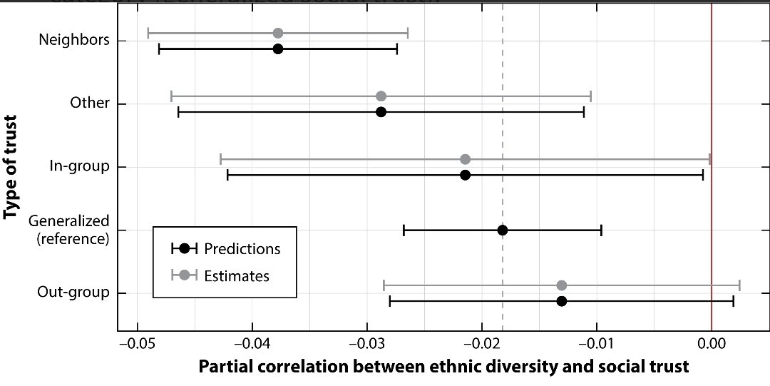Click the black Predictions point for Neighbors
click(278, 49)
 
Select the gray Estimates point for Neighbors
click(278, 34)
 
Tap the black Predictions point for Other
click(381, 112)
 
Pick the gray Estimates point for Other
click(381, 96)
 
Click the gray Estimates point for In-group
click(465, 159)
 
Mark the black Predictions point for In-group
click(465, 175)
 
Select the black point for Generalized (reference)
click(503, 230)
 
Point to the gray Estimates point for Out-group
click(562, 285)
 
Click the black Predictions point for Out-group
click(562, 301)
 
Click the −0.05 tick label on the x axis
click(137, 344)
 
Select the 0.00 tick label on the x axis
click(712, 344)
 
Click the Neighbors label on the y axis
click(74, 40)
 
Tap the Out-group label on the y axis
click(73, 293)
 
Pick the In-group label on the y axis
click(78, 166)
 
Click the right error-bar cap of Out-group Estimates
click(739, 285)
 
